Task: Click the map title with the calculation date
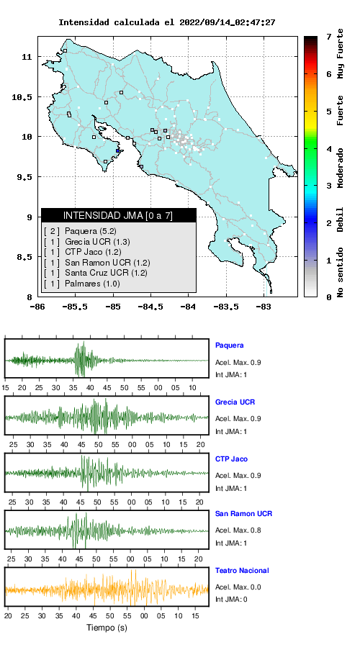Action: click(166, 22)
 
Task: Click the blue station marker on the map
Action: click(118, 151)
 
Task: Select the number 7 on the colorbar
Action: click(330, 37)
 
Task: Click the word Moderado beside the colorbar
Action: click(341, 168)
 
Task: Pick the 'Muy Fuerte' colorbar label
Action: click(341, 53)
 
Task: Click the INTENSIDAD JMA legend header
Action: click(118, 215)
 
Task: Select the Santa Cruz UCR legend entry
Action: click(95, 274)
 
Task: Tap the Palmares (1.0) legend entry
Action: click(82, 284)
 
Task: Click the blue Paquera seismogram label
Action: click(229, 345)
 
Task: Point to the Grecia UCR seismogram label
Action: click(235, 402)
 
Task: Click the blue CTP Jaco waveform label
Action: click(231, 459)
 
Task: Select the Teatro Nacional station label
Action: click(242, 571)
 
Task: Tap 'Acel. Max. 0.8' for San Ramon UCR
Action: click(238, 530)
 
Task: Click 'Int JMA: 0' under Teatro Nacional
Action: click(231, 600)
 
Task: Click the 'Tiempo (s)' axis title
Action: click(107, 628)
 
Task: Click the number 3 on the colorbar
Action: click(330, 186)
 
